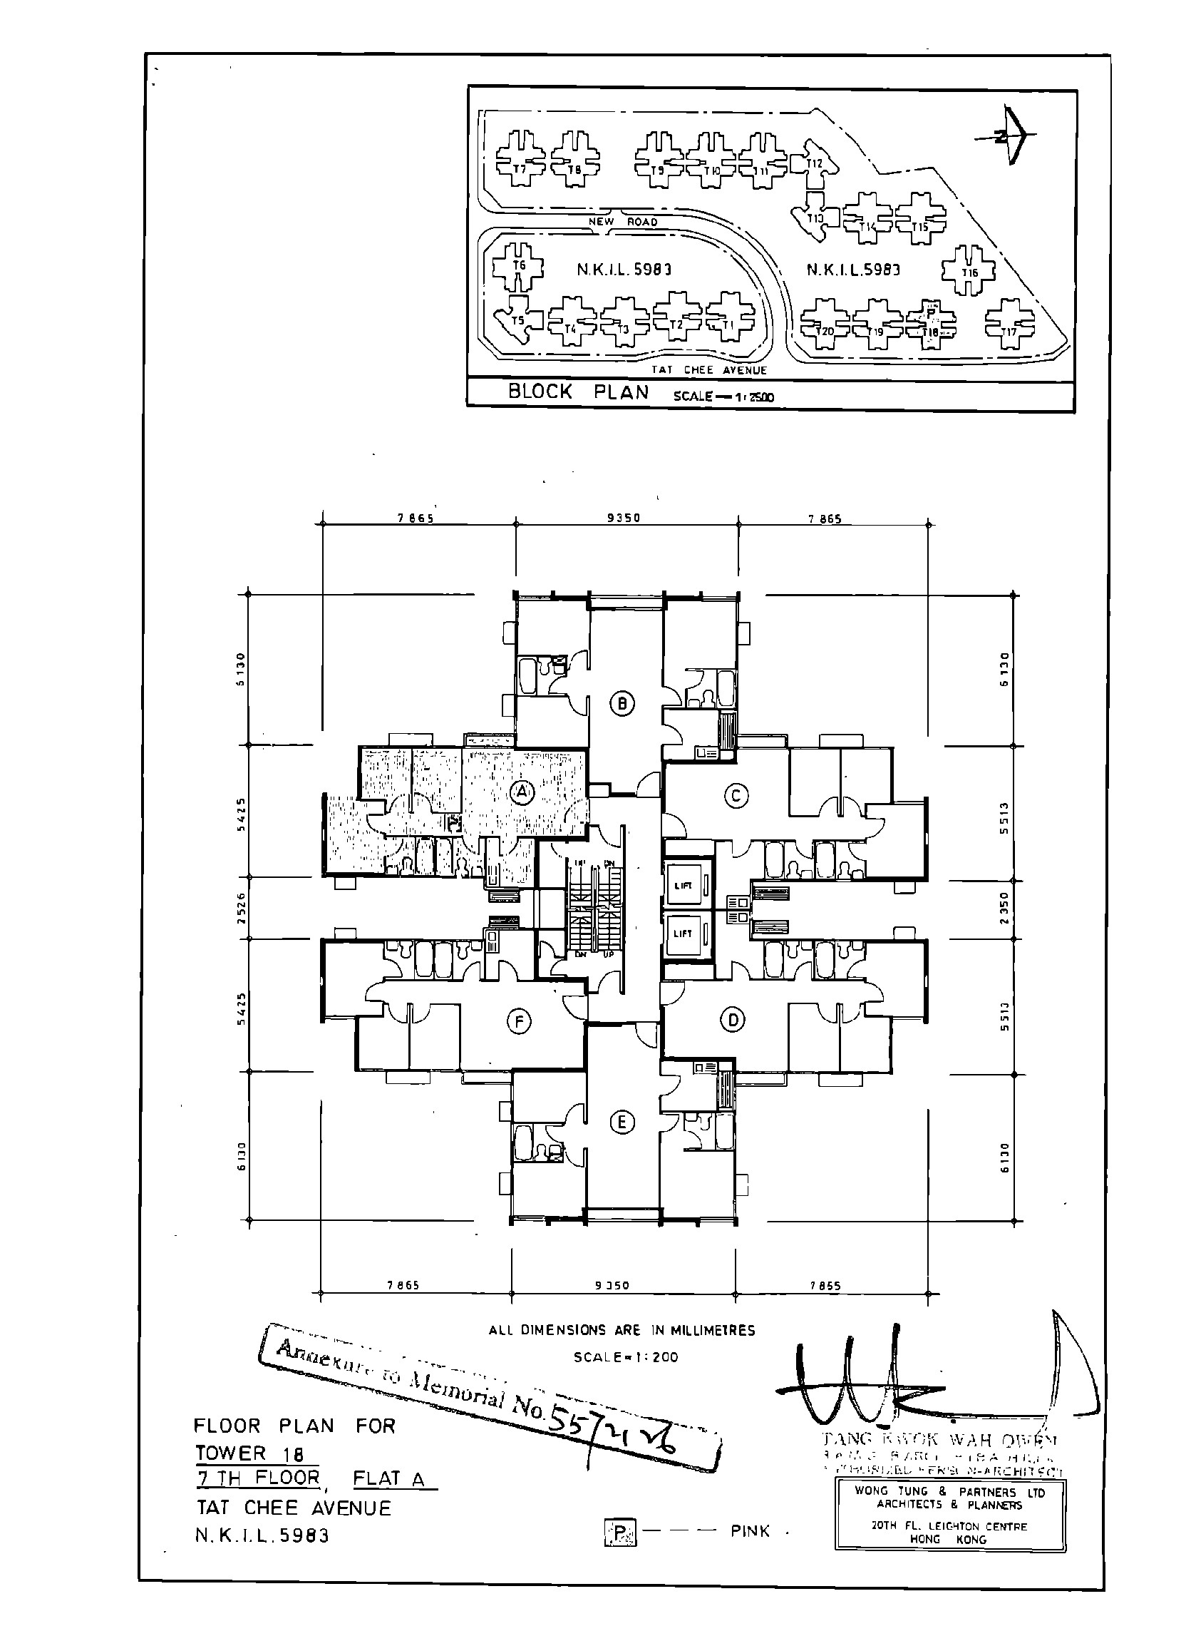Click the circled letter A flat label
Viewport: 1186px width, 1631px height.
coord(522,792)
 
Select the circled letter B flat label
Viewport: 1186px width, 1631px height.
coord(622,703)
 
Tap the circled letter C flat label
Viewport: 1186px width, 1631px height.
coord(736,795)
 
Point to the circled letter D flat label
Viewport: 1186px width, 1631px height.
coord(733,1020)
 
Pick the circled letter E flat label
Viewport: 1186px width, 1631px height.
coord(622,1123)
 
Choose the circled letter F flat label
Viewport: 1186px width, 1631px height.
coord(518,1021)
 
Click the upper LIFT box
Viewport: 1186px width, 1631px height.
coord(684,886)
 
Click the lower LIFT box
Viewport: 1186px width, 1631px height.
coord(684,934)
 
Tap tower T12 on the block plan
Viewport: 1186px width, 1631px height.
coord(815,161)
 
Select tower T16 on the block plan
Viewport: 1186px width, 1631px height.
coord(969,271)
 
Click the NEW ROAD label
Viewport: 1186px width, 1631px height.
coord(622,222)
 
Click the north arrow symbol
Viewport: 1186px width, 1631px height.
coord(1011,136)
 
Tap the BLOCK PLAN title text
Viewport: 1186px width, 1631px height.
coord(578,393)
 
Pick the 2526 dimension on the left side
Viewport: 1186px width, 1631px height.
coord(241,907)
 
